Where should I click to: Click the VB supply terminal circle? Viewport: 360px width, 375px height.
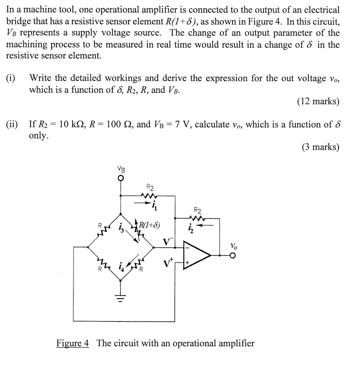pos(121,178)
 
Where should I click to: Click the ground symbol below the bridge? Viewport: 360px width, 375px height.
pos(121,296)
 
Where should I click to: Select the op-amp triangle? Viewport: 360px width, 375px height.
pos(196,254)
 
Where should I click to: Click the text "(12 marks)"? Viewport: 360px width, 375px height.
pos(318,102)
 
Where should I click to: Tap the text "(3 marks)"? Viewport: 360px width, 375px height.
pos(320,147)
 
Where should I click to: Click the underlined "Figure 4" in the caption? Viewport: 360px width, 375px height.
pos(73,343)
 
